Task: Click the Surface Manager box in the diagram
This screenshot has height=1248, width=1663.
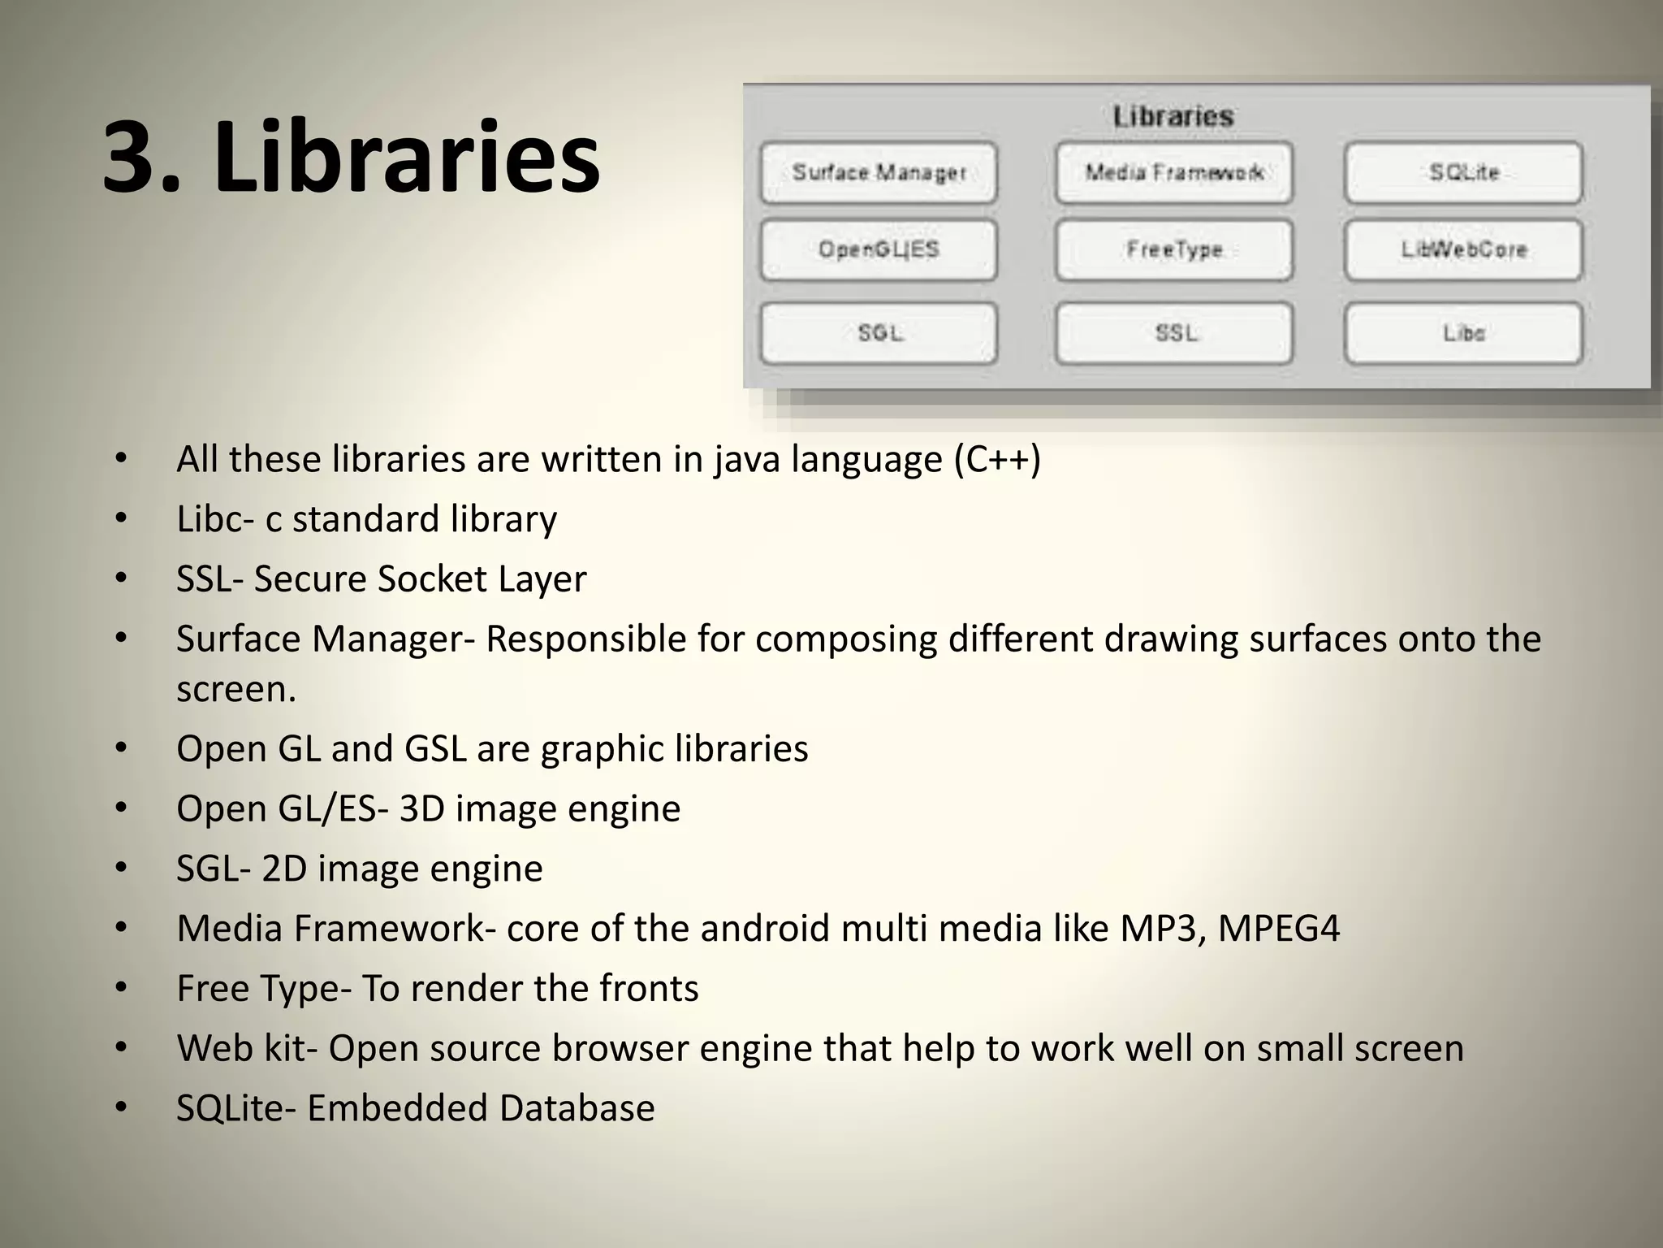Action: (879, 173)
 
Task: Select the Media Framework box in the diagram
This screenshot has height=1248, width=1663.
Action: (1173, 173)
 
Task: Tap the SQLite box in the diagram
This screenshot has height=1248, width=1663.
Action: (1463, 173)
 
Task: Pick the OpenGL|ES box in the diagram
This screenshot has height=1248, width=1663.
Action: (879, 249)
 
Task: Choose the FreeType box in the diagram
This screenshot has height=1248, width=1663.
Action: (1173, 249)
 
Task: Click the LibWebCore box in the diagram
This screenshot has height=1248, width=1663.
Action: (1463, 249)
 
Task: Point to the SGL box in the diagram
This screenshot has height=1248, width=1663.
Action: (879, 333)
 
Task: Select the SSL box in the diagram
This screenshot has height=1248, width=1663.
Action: (1173, 333)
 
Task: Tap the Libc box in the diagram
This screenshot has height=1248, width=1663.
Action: (1463, 333)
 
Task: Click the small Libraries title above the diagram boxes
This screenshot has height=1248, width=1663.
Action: (1173, 117)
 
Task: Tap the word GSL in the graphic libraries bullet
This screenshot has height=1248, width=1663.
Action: (435, 748)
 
